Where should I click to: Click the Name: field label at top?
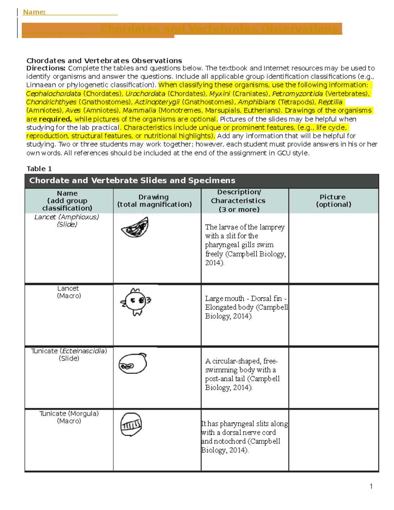click(34, 12)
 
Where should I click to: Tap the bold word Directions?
click(46, 68)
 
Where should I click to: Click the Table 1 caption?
click(39, 169)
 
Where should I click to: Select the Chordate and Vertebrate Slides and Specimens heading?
click(132, 181)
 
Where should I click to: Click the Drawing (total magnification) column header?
click(154, 201)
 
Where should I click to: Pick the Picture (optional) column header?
click(333, 201)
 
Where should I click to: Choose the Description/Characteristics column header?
click(238, 201)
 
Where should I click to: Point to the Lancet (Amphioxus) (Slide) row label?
click(67, 221)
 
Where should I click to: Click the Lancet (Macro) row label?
click(69, 292)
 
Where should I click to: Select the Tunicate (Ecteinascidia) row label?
click(69, 355)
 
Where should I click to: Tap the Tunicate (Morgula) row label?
click(69, 417)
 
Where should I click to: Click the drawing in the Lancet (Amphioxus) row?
click(135, 227)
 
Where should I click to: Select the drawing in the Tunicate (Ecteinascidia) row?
click(132, 364)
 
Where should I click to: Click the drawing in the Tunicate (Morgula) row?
click(131, 424)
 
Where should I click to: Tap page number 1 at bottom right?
click(371, 486)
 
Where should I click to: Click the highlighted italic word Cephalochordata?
click(54, 94)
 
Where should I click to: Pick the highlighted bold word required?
click(55, 119)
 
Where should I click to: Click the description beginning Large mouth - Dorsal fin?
click(246, 307)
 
